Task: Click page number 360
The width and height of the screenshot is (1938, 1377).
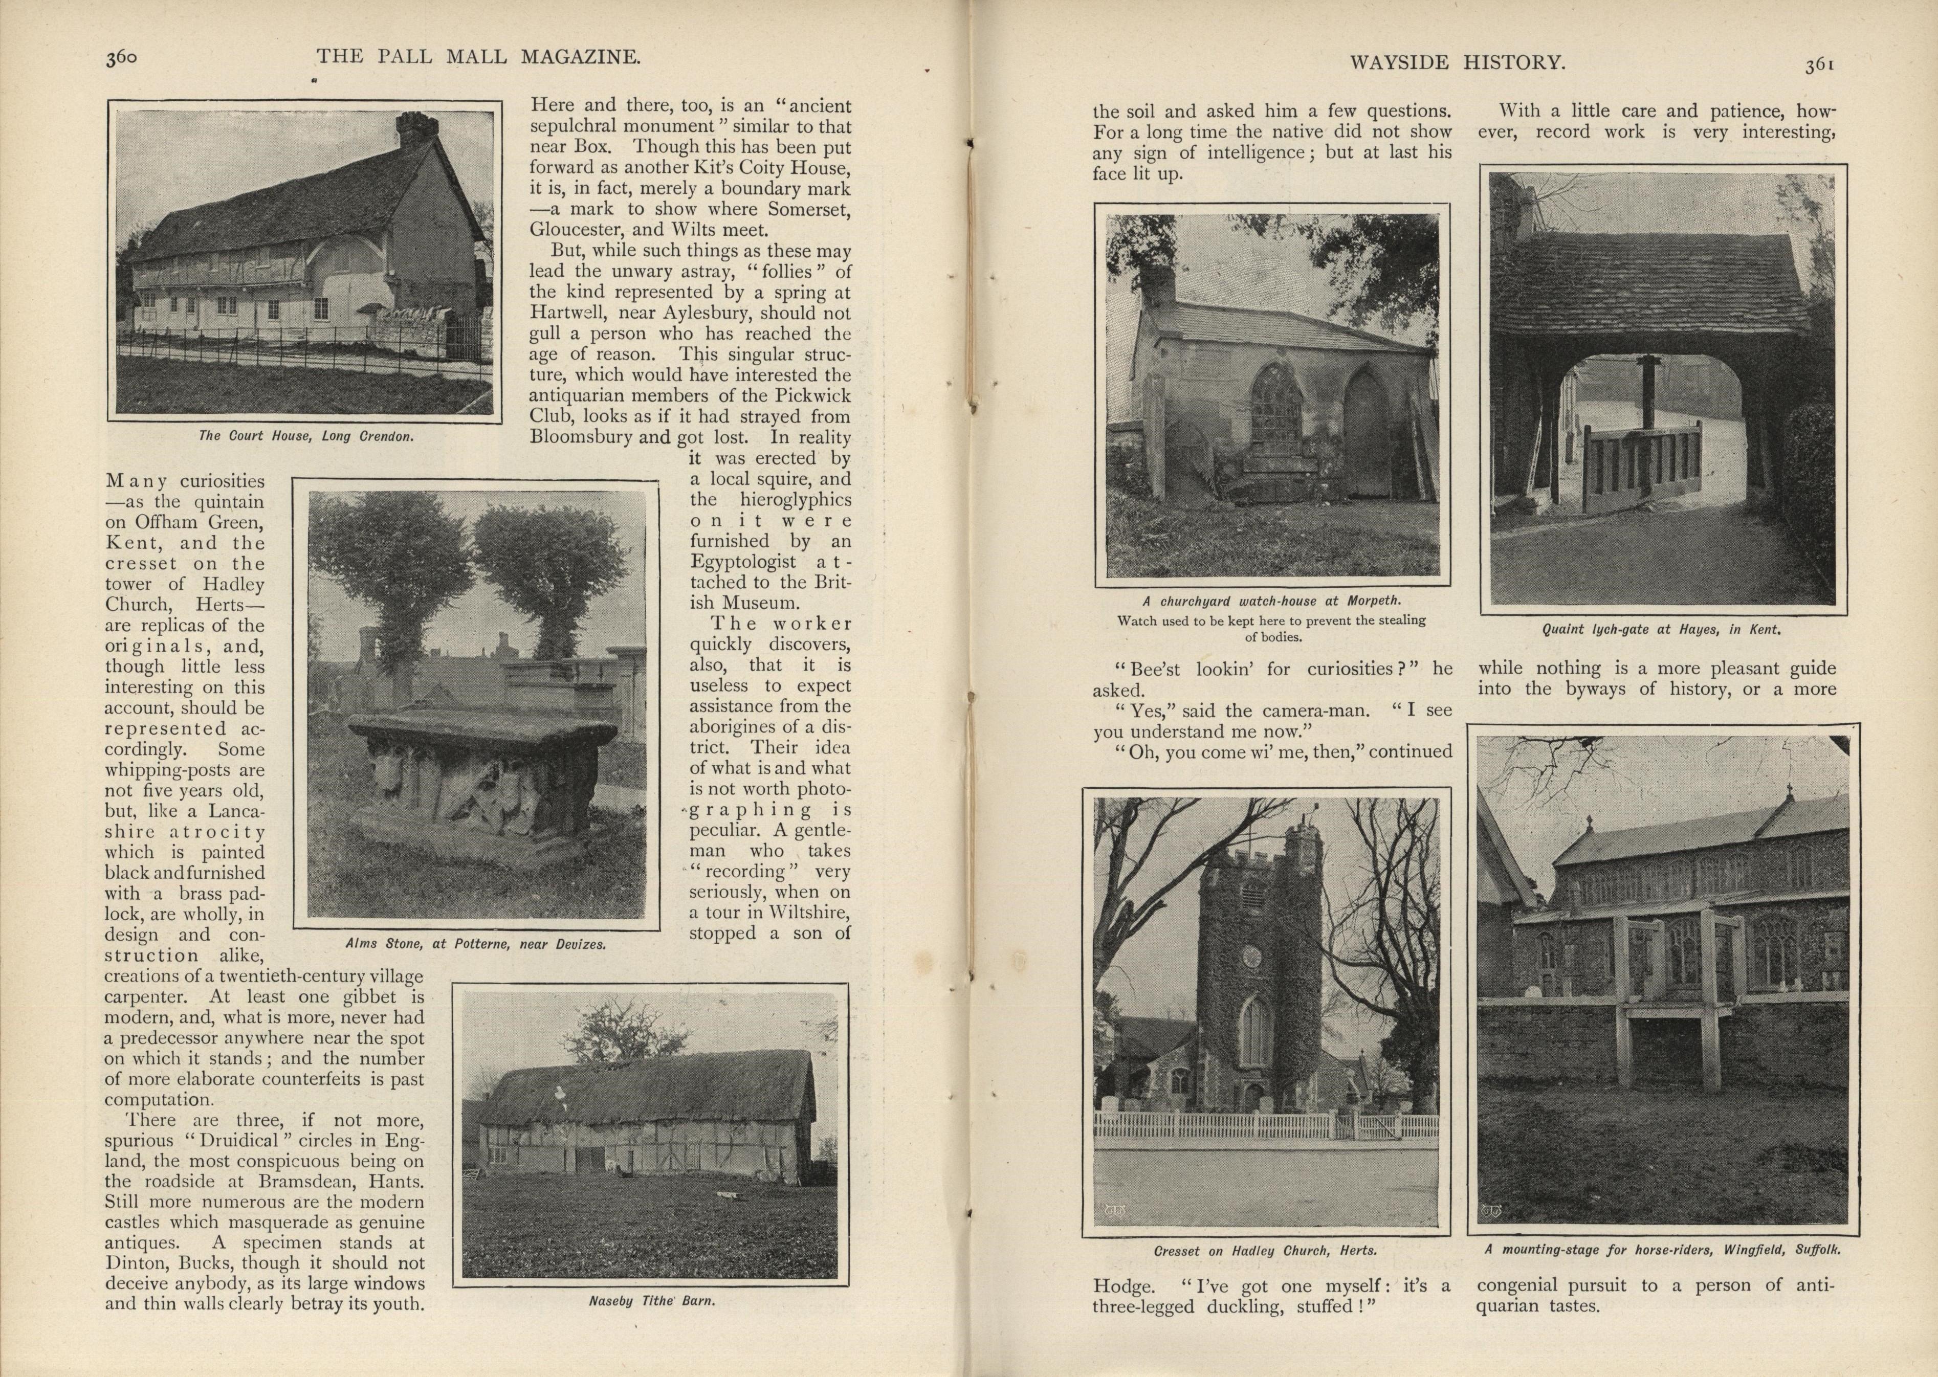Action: (121, 58)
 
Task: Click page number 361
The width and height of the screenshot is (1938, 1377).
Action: (1818, 65)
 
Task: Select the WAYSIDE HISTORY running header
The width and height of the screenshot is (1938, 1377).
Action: (1456, 63)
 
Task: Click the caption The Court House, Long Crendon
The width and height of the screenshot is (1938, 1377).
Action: (306, 436)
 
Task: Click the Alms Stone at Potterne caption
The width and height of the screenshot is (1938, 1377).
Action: (476, 944)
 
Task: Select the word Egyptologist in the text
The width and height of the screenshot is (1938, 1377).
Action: (742, 561)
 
